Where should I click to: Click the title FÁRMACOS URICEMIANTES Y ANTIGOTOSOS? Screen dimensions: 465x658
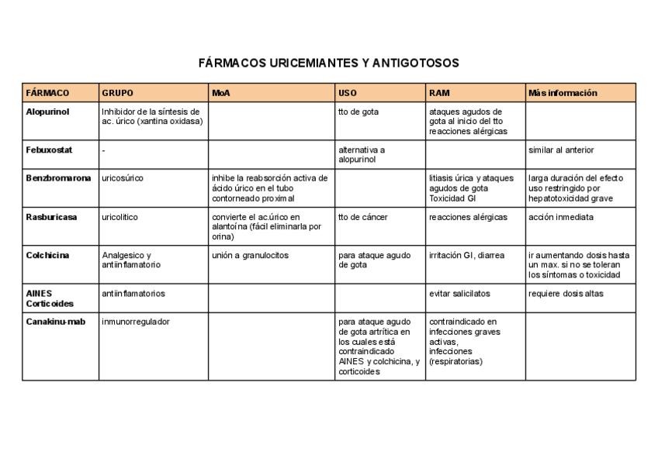tap(329, 63)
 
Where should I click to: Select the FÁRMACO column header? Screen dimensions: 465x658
tap(47, 93)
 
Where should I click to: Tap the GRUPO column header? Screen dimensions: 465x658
tap(118, 93)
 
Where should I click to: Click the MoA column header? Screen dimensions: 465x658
tap(221, 93)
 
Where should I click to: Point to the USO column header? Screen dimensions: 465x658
tap(348, 93)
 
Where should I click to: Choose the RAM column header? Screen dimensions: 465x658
tap(439, 93)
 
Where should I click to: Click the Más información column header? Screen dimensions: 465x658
tap(563, 93)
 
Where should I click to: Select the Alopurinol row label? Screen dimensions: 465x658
tap(47, 112)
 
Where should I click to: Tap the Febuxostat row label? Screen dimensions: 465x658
tap(49, 150)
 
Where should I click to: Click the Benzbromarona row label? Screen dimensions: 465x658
tap(58, 178)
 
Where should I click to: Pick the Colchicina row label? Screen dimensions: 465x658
tap(48, 255)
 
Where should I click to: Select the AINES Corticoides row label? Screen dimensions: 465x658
tap(50, 298)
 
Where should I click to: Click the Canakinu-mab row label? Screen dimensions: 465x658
tap(56, 322)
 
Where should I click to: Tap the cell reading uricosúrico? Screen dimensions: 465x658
tap(123, 178)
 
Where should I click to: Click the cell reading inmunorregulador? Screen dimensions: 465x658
tap(136, 322)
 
